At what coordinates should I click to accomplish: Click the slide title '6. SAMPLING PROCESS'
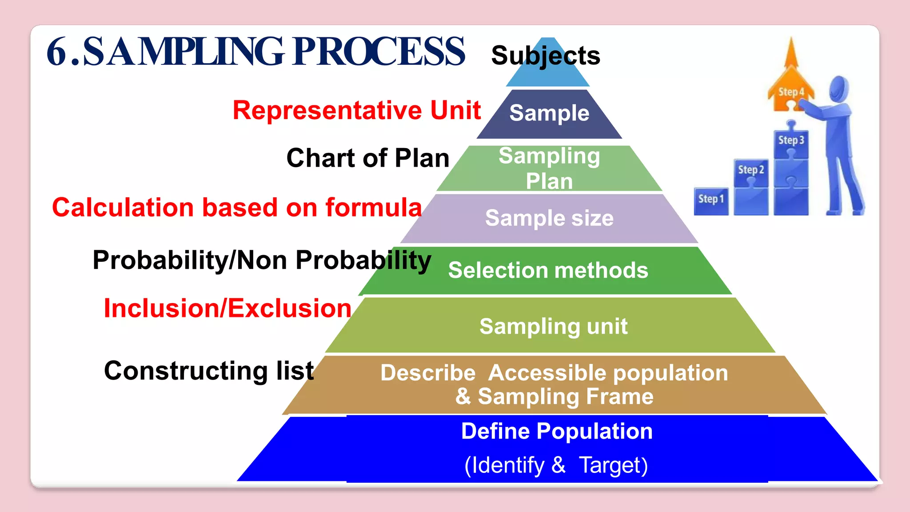click(x=255, y=52)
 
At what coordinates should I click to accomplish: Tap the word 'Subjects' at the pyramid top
click(x=546, y=56)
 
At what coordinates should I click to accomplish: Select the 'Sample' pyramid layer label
click(x=549, y=113)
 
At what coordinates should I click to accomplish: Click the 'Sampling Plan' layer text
click(x=549, y=168)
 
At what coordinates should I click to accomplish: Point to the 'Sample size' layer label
click(x=549, y=218)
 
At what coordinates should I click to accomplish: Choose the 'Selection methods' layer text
click(x=548, y=270)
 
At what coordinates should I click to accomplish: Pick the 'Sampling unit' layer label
click(x=553, y=326)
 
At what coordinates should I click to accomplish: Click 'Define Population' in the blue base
click(x=557, y=431)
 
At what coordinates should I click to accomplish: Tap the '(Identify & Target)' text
click(x=556, y=465)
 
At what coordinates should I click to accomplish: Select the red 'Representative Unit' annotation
click(x=357, y=110)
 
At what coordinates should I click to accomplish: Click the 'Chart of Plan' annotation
click(x=368, y=158)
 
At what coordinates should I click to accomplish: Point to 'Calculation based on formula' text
click(x=237, y=208)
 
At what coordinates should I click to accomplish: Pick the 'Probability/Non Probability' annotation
click(x=262, y=260)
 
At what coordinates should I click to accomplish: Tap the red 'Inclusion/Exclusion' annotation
click(x=227, y=308)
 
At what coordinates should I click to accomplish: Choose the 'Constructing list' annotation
click(x=209, y=371)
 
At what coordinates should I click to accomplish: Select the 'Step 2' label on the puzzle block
click(x=751, y=170)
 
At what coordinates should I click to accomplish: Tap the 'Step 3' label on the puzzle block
click(x=791, y=140)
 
